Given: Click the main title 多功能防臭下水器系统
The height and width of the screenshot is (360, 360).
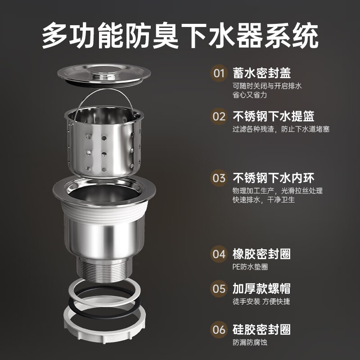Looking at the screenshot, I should (x=180, y=36).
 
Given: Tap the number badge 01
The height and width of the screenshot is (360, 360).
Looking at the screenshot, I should (x=219, y=73).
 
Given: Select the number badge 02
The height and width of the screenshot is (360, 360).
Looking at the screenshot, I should (x=219, y=117).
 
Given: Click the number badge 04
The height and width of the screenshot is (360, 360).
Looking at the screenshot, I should (x=219, y=254).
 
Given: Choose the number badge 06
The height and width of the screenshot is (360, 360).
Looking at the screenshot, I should (x=219, y=329).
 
